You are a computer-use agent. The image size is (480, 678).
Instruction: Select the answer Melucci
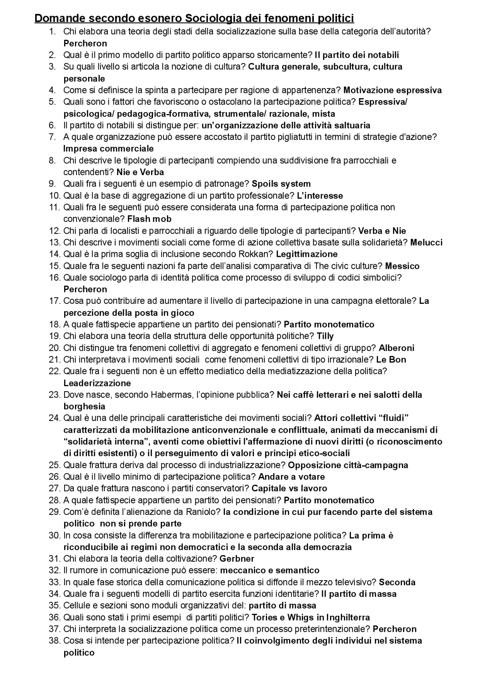point(426,242)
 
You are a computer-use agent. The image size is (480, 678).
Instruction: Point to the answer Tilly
point(325,336)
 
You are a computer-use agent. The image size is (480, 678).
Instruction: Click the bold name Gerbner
point(237,559)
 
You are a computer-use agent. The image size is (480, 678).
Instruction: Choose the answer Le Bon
point(391,360)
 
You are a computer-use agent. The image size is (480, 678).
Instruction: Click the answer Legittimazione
point(307,254)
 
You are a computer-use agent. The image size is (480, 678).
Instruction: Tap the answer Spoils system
point(281,184)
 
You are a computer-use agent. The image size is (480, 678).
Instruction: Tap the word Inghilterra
point(348,617)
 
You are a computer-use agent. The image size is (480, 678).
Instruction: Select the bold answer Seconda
point(397,582)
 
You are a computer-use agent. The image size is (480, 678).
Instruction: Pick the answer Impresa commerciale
point(109,148)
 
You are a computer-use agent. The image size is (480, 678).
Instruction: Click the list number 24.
point(54,418)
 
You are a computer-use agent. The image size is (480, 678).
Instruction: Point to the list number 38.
point(54,641)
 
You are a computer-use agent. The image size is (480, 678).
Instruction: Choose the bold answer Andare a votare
point(291,477)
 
